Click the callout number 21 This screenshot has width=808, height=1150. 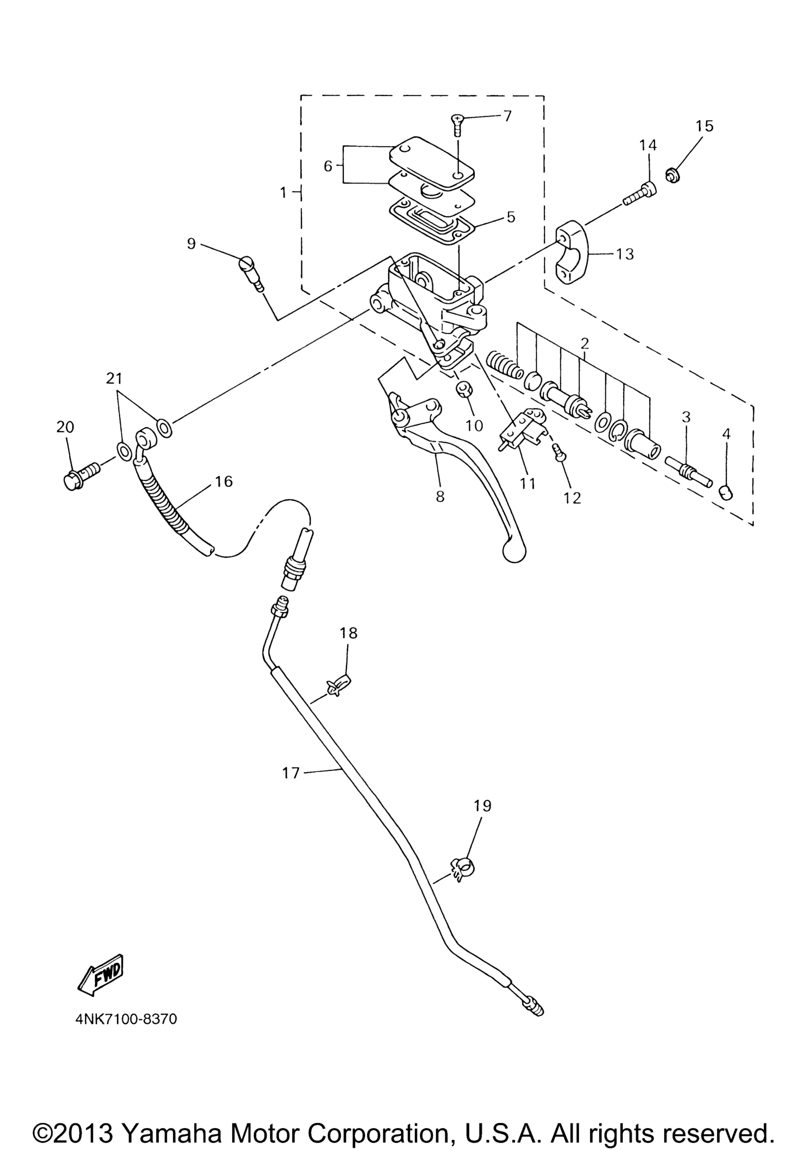point(114,378)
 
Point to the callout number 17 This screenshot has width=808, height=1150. point(290,773)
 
